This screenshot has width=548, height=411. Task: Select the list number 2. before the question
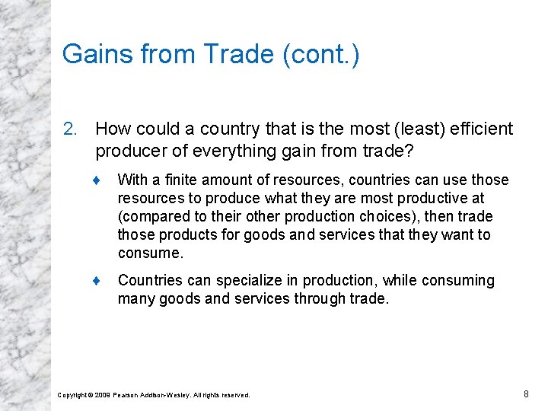pos(70,129)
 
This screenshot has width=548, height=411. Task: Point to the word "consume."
pos(151,253)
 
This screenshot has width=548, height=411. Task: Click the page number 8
pos(526,393)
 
